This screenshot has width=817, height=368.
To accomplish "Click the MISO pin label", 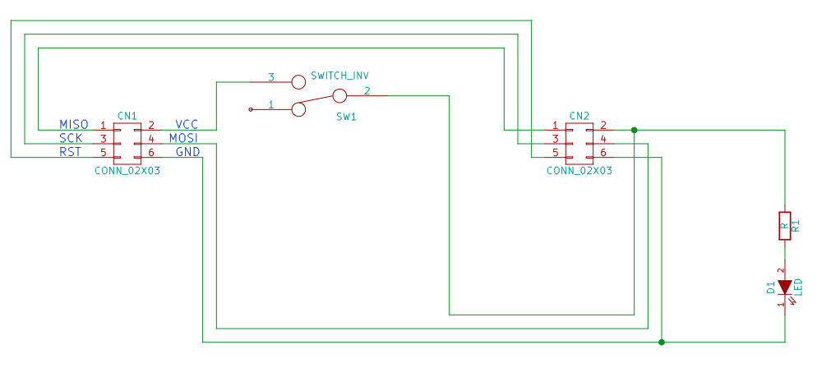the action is [x=73, y=125].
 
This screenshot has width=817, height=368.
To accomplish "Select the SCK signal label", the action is [x=71, y=139].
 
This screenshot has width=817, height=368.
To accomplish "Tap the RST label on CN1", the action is [x=71, y=152].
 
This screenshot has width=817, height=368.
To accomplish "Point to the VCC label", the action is [x=187, y=125].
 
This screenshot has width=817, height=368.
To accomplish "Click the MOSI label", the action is [x=184, y=139].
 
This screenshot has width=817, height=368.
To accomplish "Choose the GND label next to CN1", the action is [x=188, y=152].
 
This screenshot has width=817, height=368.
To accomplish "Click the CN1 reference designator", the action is [x=127, y=115].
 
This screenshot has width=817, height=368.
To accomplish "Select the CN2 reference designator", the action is [x=579, y=115].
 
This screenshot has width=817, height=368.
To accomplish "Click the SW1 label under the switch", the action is [x=347, y=117].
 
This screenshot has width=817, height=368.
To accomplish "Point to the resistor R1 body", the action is [x=785, y=226].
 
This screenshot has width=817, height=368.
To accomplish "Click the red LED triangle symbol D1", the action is [x=785, y=287].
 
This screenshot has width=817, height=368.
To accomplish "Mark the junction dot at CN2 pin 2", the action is [x=634, y=130].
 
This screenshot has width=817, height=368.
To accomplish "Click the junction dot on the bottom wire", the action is [x=661, y=342].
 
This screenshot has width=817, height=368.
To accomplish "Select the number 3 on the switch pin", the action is [x=271, y=77].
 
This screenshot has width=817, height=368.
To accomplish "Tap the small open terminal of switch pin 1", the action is [x=251, y=109].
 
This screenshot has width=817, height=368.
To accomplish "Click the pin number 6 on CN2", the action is [x=602, y=153].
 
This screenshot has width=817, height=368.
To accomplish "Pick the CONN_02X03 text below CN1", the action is [x=127, y=170].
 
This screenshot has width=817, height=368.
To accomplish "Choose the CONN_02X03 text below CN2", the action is [x=579, y=170].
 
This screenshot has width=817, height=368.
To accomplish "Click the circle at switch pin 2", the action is [x=339, y=95].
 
